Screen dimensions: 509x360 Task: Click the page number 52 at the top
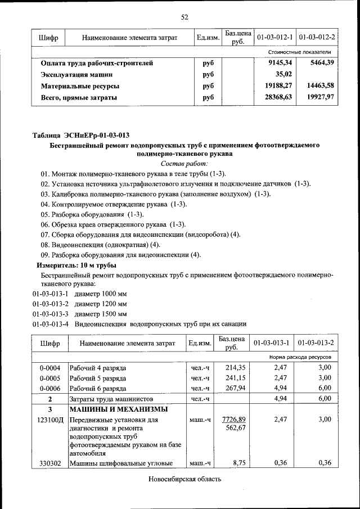coord(184,17)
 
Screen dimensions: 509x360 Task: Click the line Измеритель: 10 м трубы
coord(76,265)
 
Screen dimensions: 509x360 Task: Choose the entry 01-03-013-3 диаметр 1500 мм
coord(80,313)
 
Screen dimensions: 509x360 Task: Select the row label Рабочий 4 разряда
coord(98,368)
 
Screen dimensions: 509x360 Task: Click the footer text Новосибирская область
coord(185,479)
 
